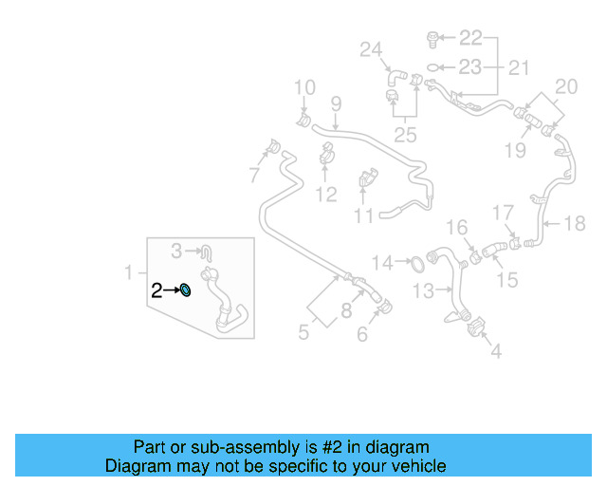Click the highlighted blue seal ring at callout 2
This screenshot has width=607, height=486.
[x=187, y=290]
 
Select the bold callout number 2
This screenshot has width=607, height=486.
[x=156, y=290]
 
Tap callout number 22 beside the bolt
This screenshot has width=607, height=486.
[x=470, y=38]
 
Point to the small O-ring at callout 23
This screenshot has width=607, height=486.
[x=433, y=67]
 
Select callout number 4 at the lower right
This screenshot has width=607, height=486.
[x=496, y=353]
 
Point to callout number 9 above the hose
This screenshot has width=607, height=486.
[x=335, y=103]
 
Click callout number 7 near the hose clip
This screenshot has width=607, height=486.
[x=254, y=175]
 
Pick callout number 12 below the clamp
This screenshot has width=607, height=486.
[x=325, y=195]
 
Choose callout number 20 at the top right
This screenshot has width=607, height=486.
[x=565, y=87]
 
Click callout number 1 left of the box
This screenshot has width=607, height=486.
[x=130, y=273]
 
